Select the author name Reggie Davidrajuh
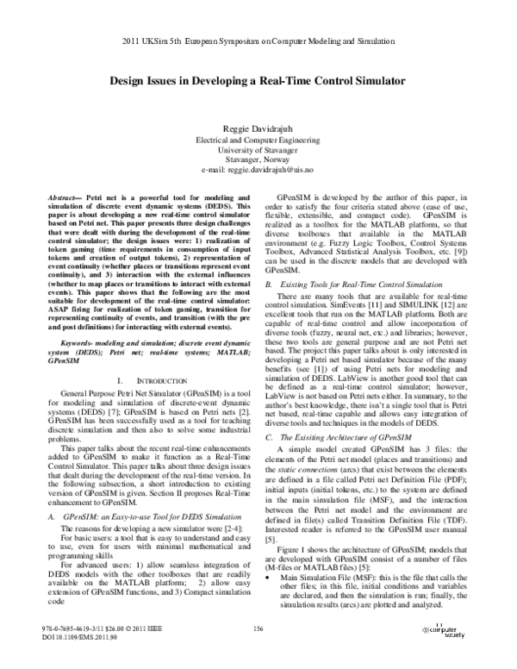pyautogui.click(x=258, y=127)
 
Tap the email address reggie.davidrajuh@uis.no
pyautogui.click(x=258, y=172)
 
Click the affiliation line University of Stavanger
pyautogui.click(x=258, y=149)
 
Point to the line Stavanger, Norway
pyautogui.click(x=258, y=160)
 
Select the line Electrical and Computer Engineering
pyautogui.click(x=258, y=138)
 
